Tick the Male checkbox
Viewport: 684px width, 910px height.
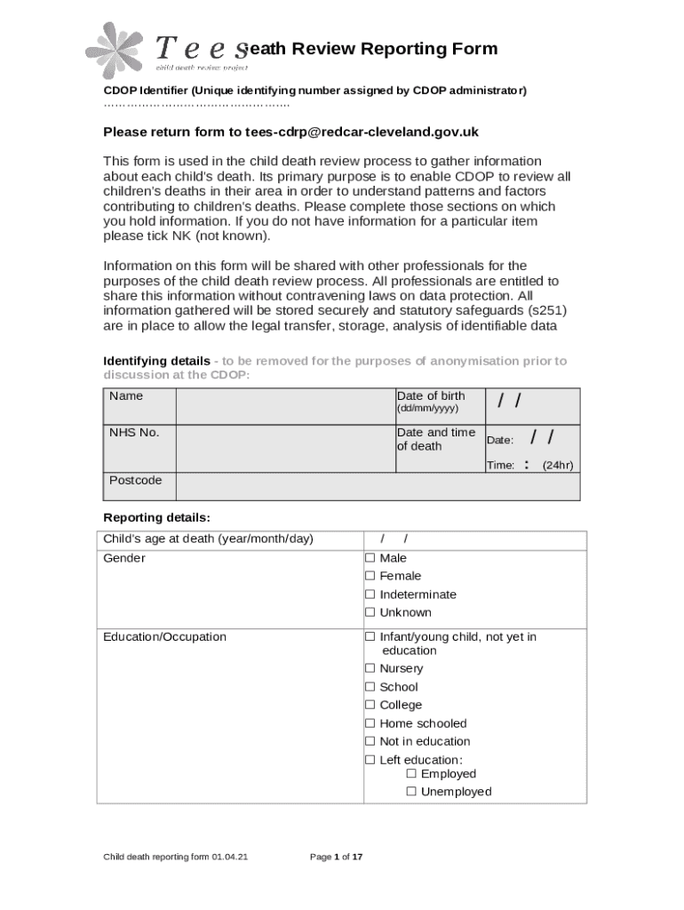click(x=370, y=558)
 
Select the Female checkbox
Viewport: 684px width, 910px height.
click(x=370, y=576)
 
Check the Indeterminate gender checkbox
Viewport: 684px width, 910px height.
click(x=370, y=595)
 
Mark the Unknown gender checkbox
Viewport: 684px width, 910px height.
click(x=370, y=612)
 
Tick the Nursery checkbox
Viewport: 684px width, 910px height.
click(x=370, y=668)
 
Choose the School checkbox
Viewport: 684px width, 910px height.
click(x=370, y=687)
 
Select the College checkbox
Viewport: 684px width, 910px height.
click(x=370, y=705)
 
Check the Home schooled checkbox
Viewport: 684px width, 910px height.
click(x=370, y=723)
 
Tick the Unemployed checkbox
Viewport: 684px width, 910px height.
click(x=411, y=792)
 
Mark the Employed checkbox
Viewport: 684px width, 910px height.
click(x=411, y=774)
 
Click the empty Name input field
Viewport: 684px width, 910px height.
click(x=284, y=406)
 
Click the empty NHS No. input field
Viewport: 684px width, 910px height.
click(x=284, y=447)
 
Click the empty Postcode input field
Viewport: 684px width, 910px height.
click(x=378, y=487)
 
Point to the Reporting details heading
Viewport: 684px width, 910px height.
click(x=157, y=517)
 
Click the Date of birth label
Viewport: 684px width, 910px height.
click(x=430, y=396)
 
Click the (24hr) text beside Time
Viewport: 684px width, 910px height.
click(x=558, y=465)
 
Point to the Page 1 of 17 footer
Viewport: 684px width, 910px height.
click(x=336, y=857)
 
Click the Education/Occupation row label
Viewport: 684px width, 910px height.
click(x=165, y=637)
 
